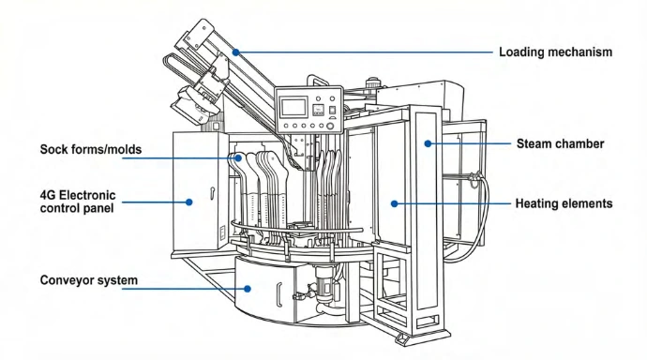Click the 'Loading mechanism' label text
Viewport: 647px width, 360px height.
coord(555,52)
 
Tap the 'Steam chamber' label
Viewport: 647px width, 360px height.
coord(560,143)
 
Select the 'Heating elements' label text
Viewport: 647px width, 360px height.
coord(564,203)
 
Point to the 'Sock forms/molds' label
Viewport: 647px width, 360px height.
coord(91,149)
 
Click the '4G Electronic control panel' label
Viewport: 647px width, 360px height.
coord(78,202)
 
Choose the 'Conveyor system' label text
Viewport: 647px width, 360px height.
coord(89,280)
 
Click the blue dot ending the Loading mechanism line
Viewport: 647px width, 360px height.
coord(235,52)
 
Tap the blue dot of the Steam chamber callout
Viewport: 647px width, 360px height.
coord(428,143)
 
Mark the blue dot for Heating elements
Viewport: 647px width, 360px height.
coord(394,203)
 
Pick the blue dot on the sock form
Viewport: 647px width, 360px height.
coord(238,157)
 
